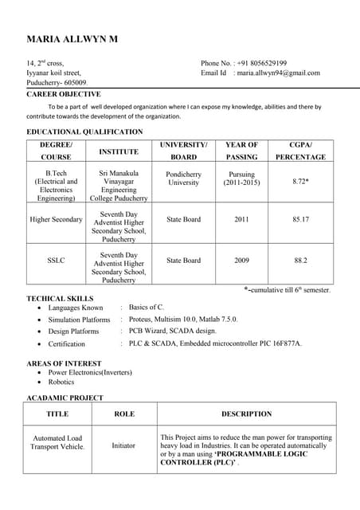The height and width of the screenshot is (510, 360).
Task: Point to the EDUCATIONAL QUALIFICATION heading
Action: [x=85, y=131]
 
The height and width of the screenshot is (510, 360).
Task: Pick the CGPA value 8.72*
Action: [x=300, y=182]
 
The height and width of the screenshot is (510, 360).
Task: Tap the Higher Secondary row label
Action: [x=56, y=219]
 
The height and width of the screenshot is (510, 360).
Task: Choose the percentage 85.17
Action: [x=300, y=219]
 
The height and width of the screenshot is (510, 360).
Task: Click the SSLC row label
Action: [x=56, y=261]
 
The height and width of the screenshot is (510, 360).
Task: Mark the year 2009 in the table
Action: [x=241, y=261]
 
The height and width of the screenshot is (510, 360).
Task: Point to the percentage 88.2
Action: [x=300, y=261]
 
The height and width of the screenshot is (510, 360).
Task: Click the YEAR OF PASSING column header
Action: [x=241, y=151]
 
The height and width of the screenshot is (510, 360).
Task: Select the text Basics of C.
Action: [x=147, y=307]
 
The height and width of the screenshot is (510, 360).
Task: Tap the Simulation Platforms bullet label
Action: [x=79, y=320]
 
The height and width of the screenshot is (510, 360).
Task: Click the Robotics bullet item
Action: [x=62, y=382]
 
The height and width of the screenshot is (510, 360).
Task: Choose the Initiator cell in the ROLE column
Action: [x=123, y=445]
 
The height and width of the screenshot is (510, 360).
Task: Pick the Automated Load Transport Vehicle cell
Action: [x=57, y=442]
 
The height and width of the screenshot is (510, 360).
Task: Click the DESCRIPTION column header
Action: [x=246, y=414]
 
